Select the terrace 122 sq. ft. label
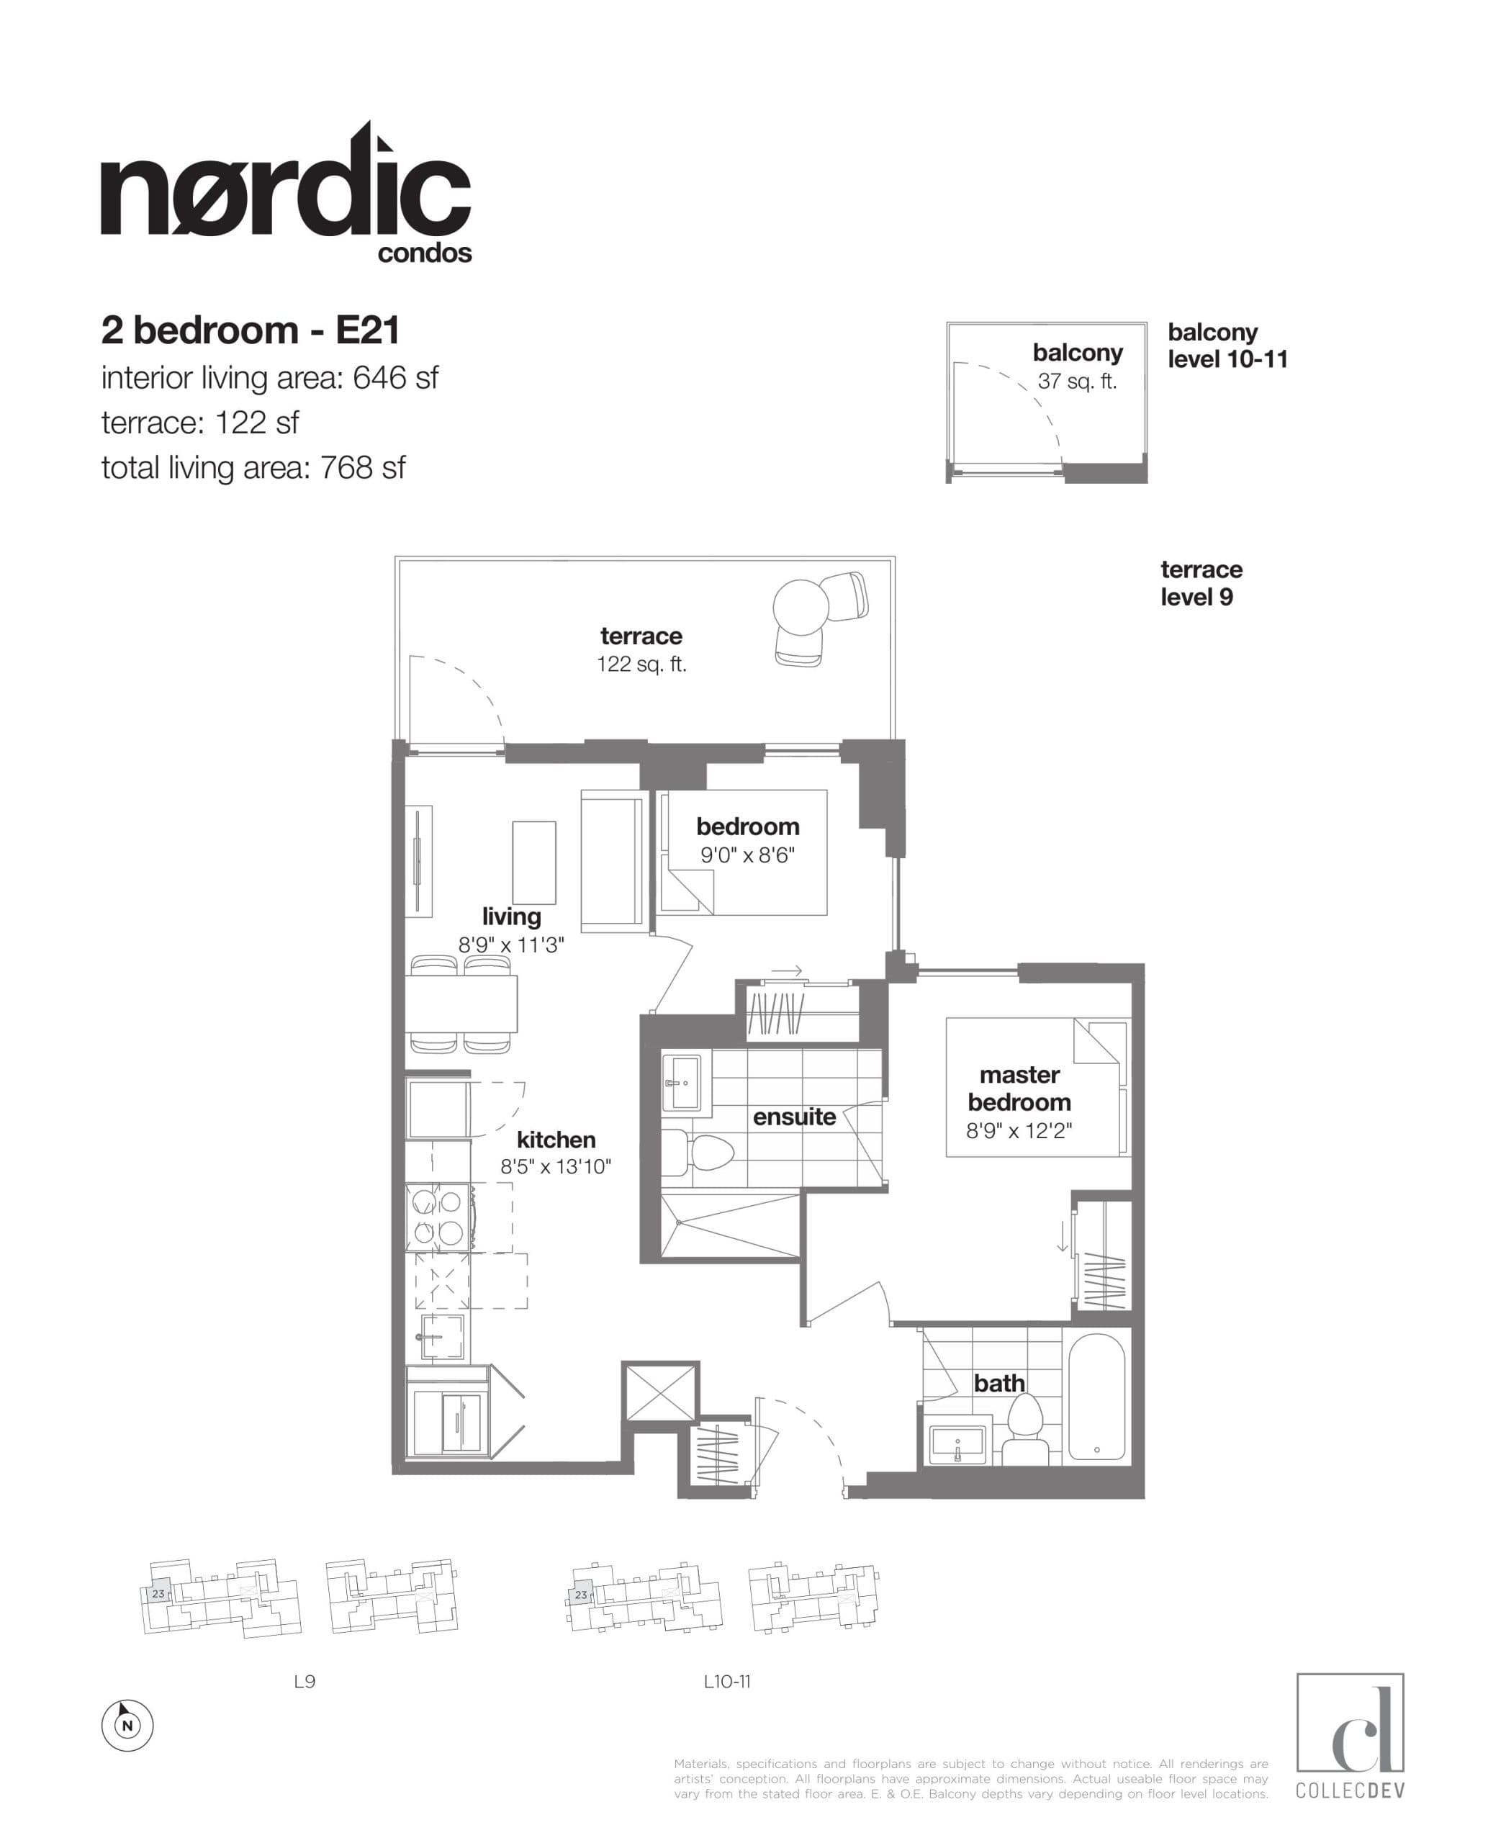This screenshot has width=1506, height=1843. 641,650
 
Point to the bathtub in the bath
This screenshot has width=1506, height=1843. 1096,1397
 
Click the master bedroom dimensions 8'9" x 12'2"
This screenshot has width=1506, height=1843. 1019,1130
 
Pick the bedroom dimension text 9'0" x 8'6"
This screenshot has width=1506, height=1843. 747,855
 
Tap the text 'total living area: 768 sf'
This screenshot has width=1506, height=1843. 253,469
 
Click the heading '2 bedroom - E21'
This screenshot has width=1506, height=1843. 251,330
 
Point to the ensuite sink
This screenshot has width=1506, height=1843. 681,1082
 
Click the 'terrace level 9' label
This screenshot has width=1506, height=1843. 1201,583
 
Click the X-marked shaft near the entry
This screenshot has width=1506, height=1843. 660,1392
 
